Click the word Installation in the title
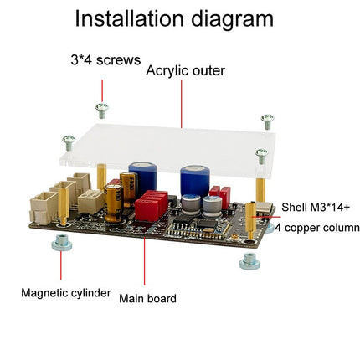coord(130,19)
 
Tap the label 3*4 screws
coord(105,60)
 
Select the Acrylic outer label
coord(185,70)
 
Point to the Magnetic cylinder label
coord(66,293)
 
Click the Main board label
coord(147,299)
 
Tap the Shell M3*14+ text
coord(316,208)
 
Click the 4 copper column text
coord(317,228)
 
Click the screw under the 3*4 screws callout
coord(102,111)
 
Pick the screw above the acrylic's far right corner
coord(267,121)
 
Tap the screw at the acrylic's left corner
coord(69,142)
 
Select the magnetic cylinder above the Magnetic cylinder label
coord(62,242)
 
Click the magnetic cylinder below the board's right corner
coord(249,261)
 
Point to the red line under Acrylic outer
coord(182,104)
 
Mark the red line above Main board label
coord(144,261)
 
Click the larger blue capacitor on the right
coord(195,183)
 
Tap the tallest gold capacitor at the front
coord(113,203)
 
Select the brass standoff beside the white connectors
coord(64,206)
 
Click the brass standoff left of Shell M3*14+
coord(251,220)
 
